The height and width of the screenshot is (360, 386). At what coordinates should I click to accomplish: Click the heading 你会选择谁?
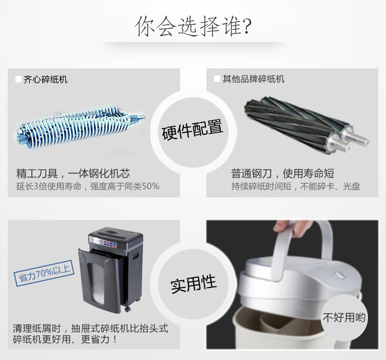tap(193, 26)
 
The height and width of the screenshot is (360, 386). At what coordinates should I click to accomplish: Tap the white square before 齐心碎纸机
tap(19, 79)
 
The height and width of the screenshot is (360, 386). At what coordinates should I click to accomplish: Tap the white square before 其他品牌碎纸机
tap(217, 79)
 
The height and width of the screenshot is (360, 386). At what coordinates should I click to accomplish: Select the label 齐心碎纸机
tap(45, 80)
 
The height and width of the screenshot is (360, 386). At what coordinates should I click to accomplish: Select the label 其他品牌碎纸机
tap(254, 79)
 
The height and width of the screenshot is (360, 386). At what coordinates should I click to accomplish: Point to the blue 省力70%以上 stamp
tap(44, 273)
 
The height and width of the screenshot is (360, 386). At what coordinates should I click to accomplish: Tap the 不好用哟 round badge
tap(344, 317)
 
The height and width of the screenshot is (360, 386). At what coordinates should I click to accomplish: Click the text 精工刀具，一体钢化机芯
tap(73, 173)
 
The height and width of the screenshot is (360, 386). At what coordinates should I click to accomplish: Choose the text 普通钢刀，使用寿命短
tap(283, 173)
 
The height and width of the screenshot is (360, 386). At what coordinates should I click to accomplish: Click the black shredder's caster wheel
tap(127, 309)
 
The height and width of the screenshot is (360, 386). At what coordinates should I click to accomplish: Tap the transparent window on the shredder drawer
tap(96, 283)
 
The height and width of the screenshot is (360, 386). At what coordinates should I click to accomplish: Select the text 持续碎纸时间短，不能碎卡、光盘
tap(295, 186)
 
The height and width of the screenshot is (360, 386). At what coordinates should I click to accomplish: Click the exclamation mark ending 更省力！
tap(115, 339)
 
